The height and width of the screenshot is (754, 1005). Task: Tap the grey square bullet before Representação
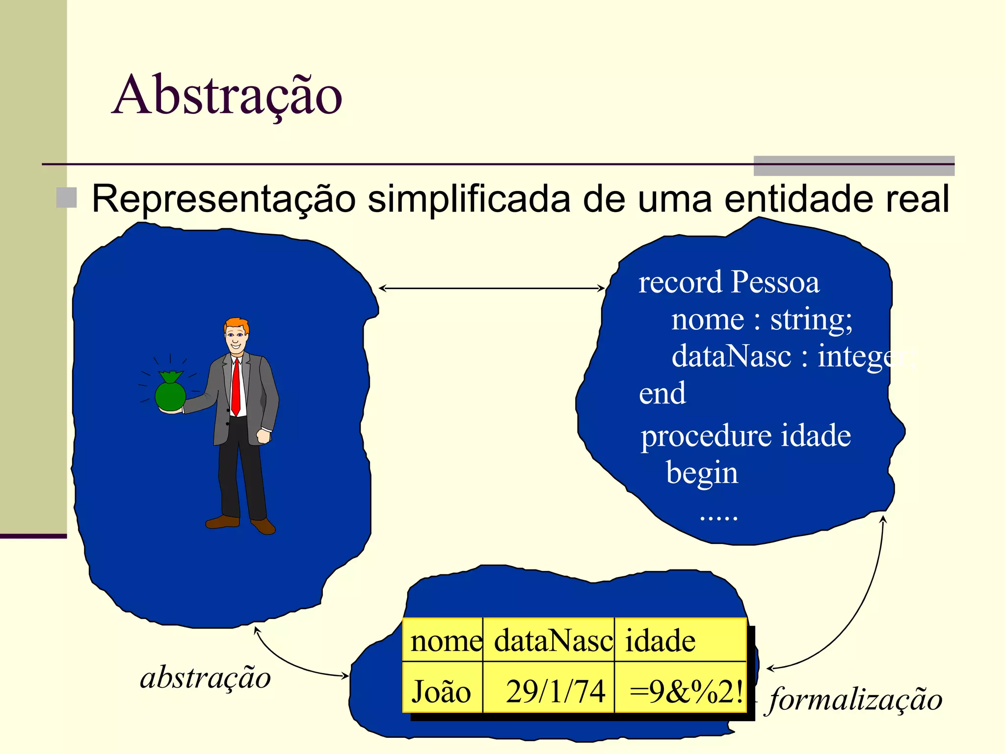coord(66,198)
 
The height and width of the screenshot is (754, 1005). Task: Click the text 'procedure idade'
coord(745,436)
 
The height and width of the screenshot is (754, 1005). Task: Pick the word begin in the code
coord(702,473)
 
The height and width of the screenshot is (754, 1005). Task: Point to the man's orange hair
coord(237,324)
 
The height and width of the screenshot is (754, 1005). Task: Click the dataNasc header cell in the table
coord(549,641)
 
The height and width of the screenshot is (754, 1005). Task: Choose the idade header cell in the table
coord(680,641)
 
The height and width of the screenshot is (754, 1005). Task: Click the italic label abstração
coord(205,678)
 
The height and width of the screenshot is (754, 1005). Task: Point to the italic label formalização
coord(855,699)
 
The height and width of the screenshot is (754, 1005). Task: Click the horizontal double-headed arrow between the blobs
coord(491,288)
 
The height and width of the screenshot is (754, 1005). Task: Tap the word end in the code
coord(662,394)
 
